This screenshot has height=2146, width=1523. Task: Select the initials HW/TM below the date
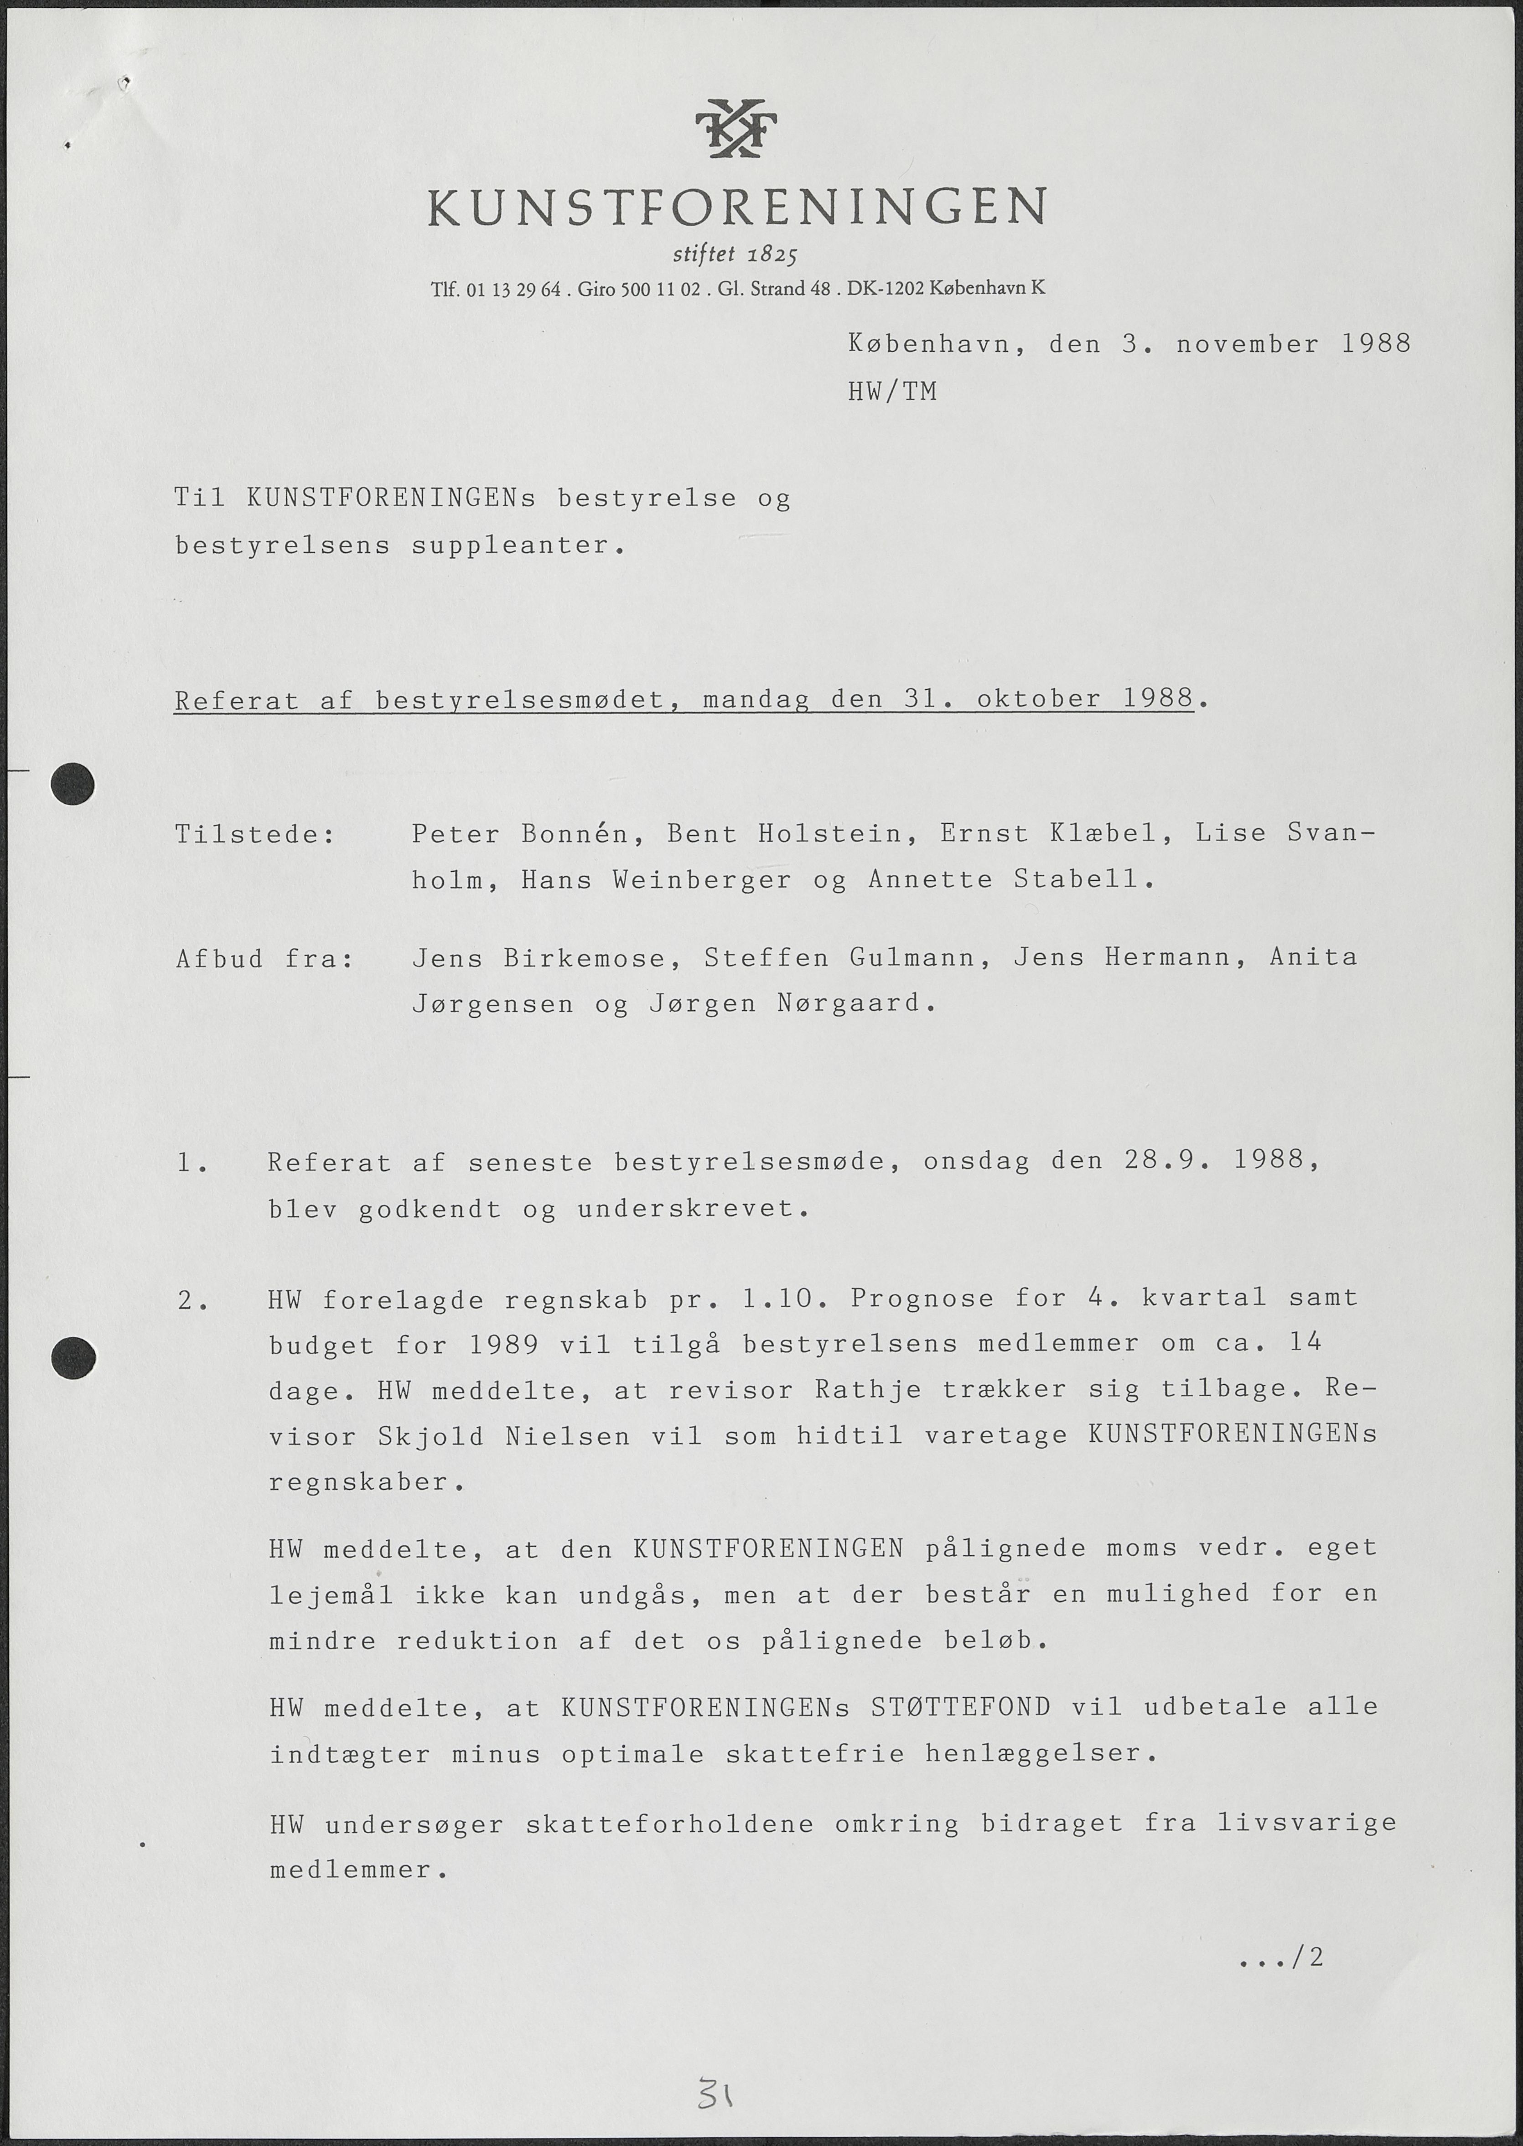pos(892,391)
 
